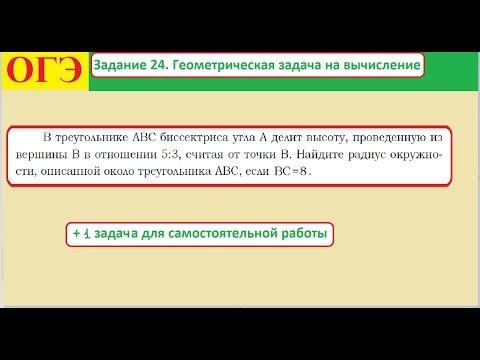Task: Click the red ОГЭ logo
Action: (x=45, y=69)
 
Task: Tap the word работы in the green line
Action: (x=302, y=234)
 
